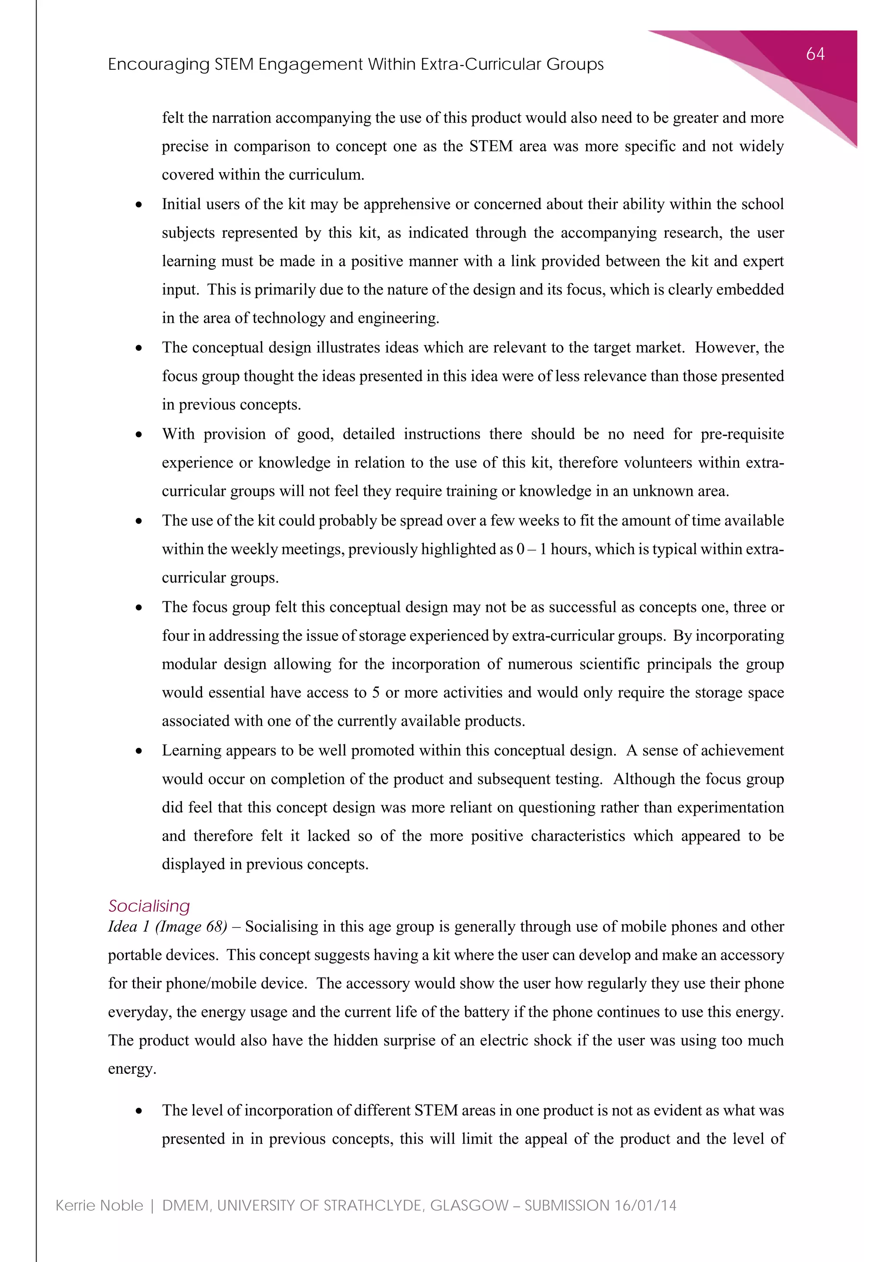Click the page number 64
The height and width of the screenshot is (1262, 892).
click(x=815, y=54)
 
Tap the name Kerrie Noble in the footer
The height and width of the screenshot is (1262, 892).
click(x=99, y=1205)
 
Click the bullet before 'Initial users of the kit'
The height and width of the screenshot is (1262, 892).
click(x=139, y=205)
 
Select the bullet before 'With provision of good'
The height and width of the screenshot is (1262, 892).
click(x=139, y=435)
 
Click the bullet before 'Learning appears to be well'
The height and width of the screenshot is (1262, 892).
click(x=139, y=751)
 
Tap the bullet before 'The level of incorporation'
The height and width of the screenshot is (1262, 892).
click(x=139, y=1111)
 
